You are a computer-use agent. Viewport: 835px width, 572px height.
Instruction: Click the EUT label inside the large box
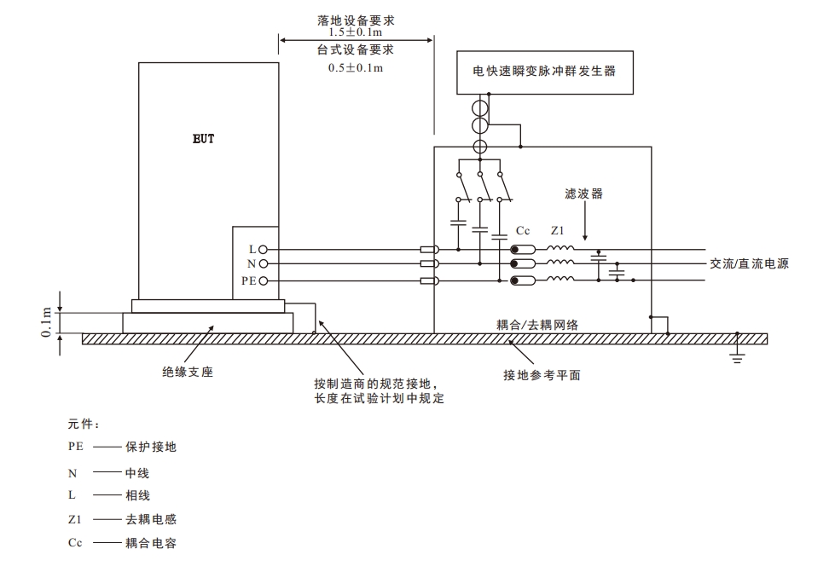click(x=203, y=139)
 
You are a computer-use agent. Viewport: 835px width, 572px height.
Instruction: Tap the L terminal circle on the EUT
click(x=264, y=249)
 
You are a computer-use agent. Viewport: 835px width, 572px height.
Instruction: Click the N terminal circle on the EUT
click(x=264, y=264)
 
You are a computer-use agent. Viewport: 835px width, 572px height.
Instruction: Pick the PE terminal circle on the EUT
click(x=264, y=280)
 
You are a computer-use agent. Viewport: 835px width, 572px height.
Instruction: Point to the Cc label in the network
click(x=524, y=231)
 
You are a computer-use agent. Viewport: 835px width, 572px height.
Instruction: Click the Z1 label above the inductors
click(x=558, y=231)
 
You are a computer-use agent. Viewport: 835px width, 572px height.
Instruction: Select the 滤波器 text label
click(x=584, y=194)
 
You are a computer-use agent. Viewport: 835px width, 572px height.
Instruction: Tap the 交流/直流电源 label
click(x=749, y=264)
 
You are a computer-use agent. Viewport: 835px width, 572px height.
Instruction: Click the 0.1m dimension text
click(x=47, y=321)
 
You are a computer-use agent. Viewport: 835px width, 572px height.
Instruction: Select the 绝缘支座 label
click(x=183, y=371)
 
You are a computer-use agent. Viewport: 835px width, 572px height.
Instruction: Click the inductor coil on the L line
click(x=560, y=249)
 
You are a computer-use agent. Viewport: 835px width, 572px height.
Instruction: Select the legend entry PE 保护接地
click(x=123, y=447)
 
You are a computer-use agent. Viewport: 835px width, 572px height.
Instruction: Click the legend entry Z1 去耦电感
click(x=123, y=519)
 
